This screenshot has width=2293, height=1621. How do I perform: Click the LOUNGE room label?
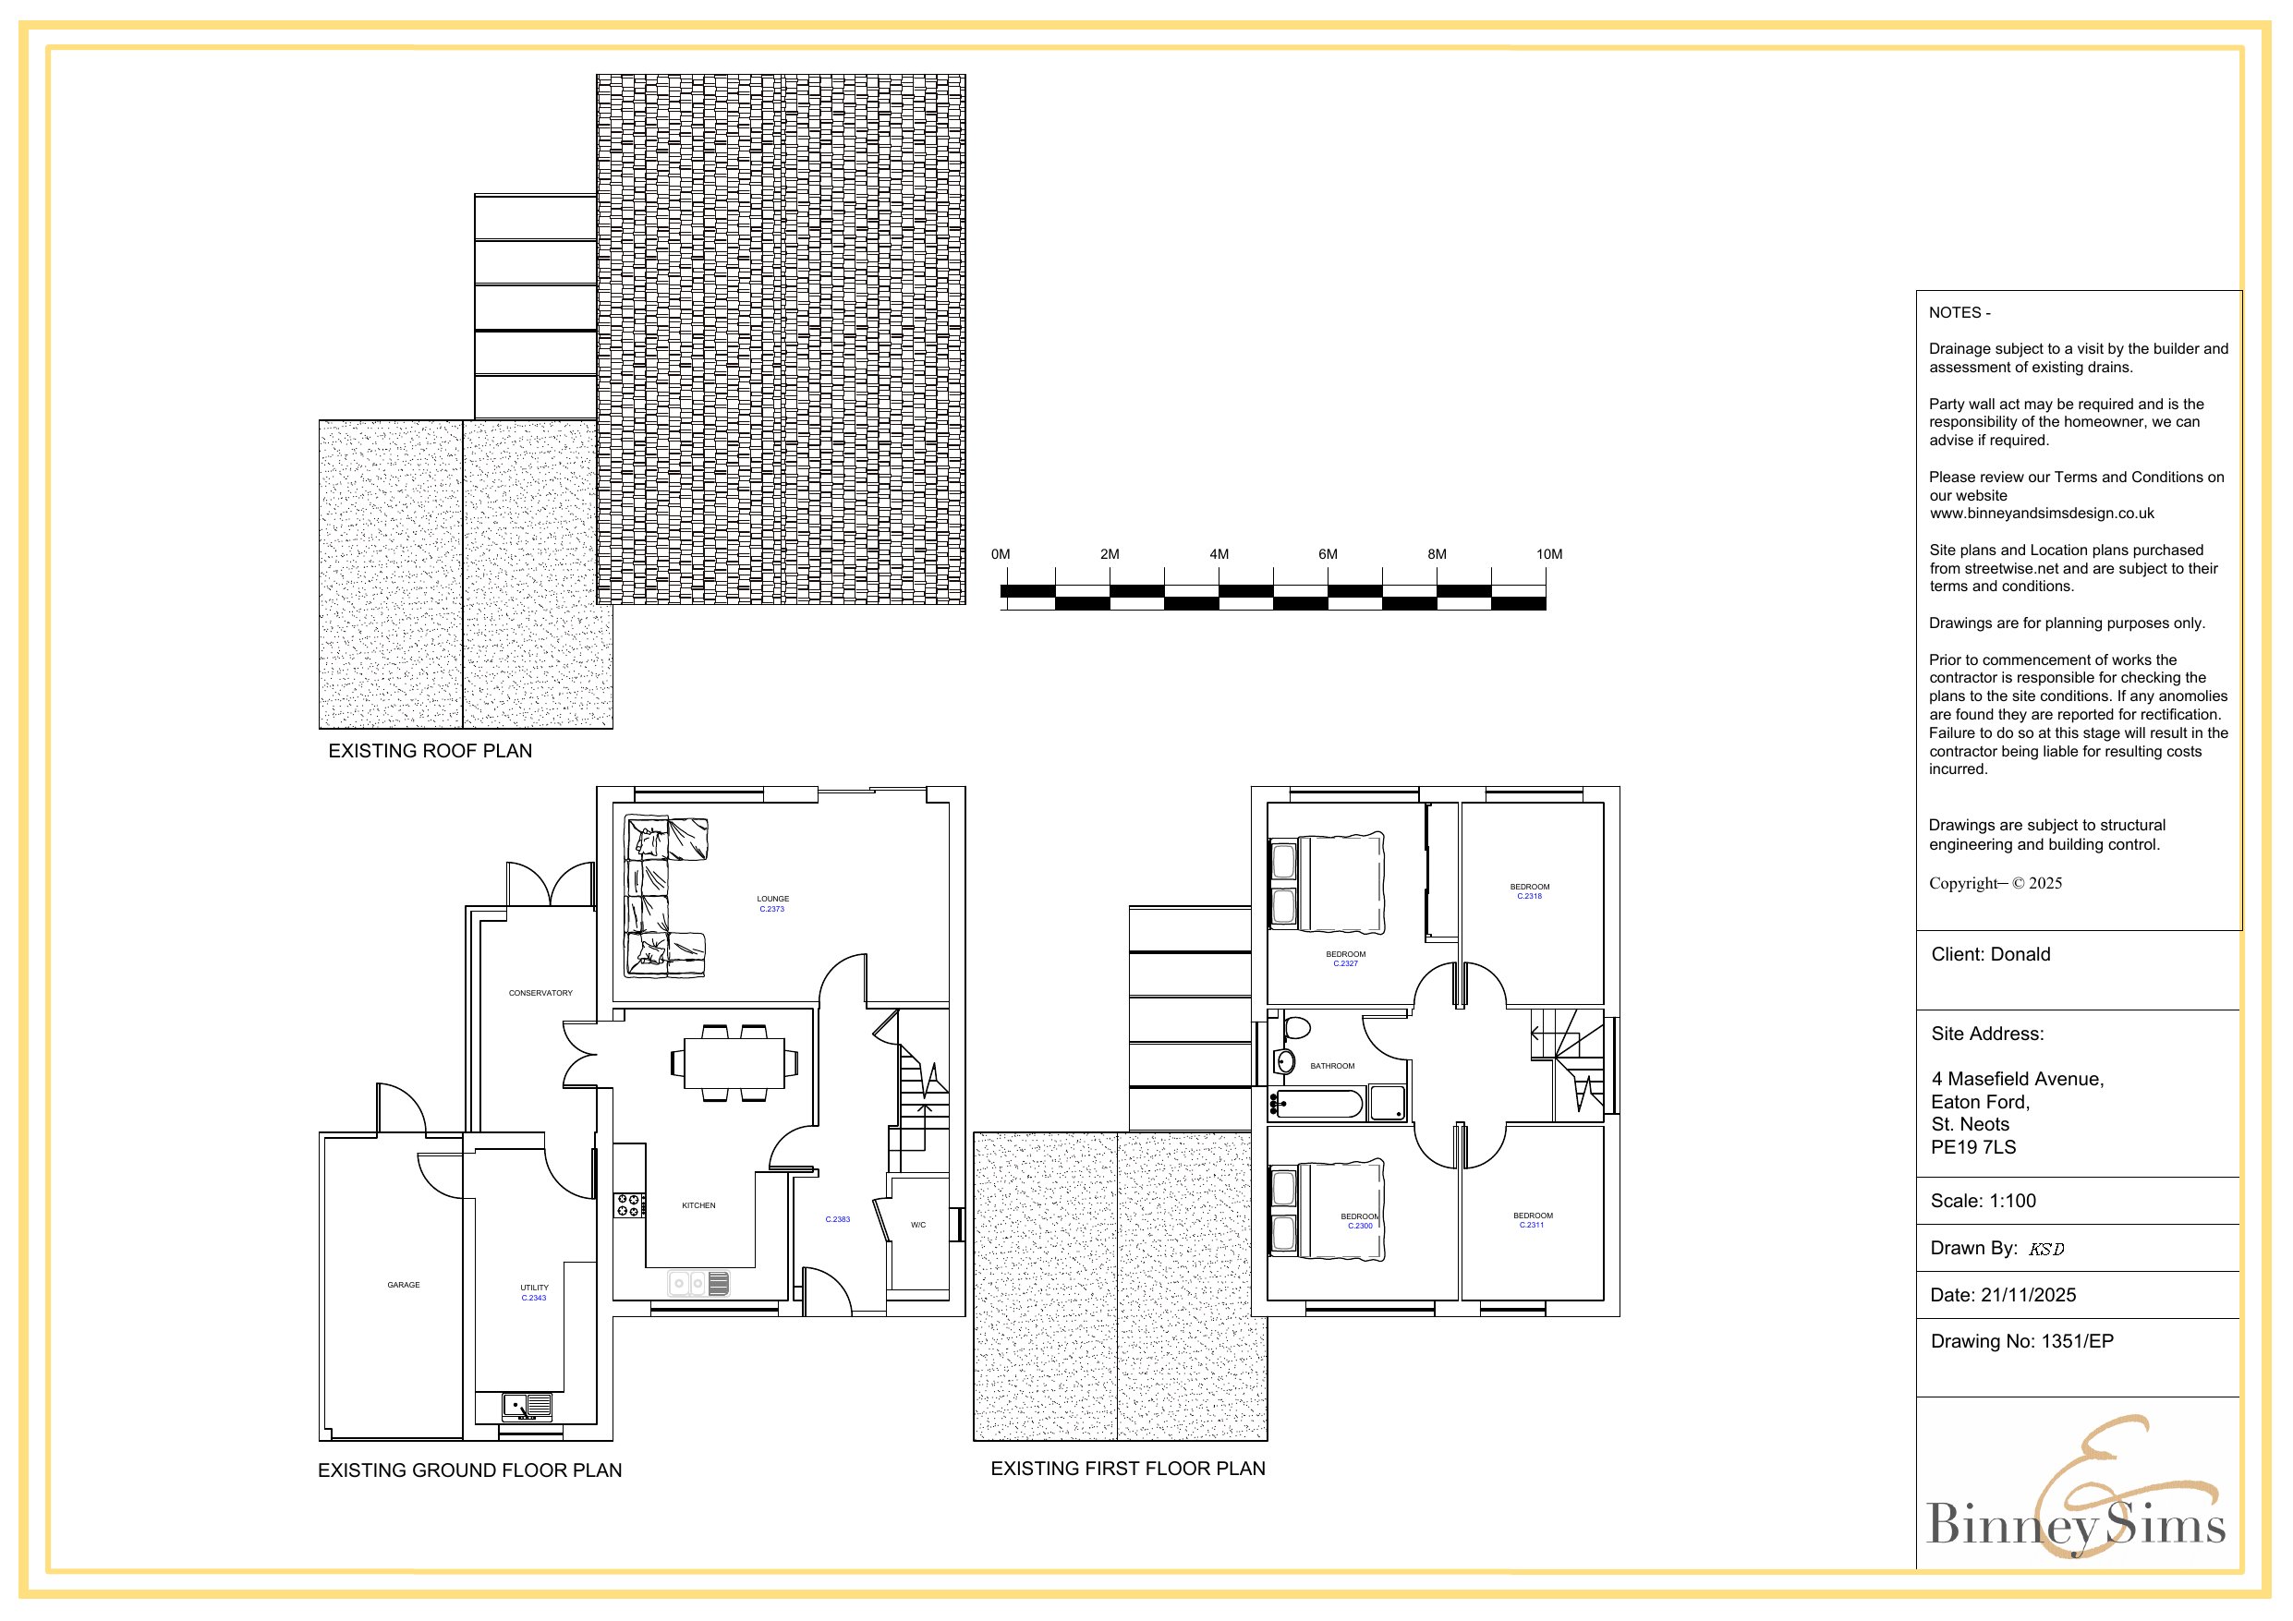[772, 899]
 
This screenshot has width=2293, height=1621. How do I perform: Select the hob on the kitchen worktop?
[629, 1205]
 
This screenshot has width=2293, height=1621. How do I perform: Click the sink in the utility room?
[527, 1407]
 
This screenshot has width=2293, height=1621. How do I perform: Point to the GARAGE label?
[404, 1285]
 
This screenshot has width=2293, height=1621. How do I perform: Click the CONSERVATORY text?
[540, 993]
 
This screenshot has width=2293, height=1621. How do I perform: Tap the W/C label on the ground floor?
[917, 1225]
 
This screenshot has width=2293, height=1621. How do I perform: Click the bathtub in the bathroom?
[1316, 1104]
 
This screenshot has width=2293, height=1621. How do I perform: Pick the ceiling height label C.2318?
[1529, 896]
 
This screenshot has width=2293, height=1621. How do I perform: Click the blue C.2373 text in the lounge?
[772, 909]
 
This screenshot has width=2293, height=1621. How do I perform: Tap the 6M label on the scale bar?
[1328, 554]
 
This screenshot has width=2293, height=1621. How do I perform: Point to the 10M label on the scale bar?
[1549, 554]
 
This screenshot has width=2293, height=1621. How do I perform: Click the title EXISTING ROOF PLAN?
[431, 751]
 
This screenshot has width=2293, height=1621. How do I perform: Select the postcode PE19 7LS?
[1973, 1147]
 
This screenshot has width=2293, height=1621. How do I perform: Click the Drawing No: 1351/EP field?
[2022, 1341]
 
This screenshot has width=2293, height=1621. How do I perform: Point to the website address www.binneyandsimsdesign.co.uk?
[2042, 514]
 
